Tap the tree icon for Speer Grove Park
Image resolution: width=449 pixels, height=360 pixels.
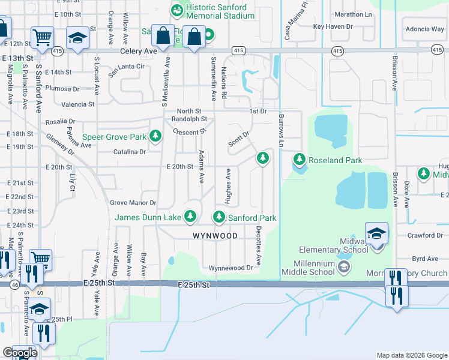click(156, 136)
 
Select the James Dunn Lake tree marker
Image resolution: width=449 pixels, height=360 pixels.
click(191, 215)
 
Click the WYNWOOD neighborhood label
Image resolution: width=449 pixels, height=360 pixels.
click(214, 236)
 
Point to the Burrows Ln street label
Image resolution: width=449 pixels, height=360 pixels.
click(280, 129)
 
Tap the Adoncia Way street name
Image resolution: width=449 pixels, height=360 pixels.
click(425, 29)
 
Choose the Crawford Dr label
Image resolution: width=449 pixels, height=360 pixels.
click(424, 235)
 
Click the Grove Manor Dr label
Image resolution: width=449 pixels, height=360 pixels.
click(133, 203)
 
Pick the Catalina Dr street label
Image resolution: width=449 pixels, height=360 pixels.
click(126, 152)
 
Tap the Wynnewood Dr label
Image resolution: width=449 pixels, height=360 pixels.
click(231, 268)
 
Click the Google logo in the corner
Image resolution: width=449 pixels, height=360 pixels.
click(20, 353)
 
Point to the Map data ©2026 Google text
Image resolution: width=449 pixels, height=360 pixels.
click(411, 355)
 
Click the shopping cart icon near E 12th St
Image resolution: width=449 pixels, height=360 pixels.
click(43, 37)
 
